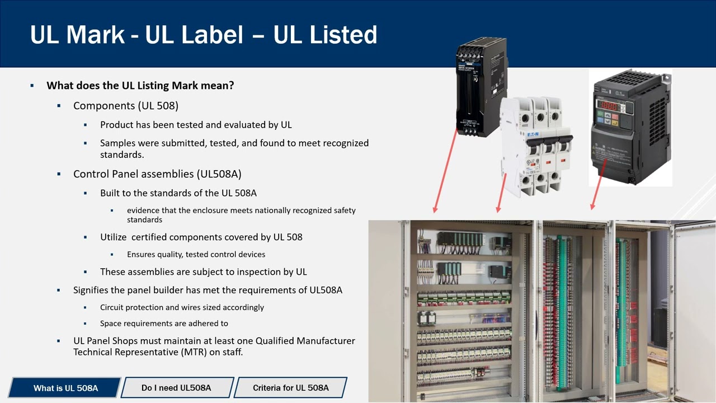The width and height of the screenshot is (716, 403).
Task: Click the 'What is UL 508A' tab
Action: [x=65, y=388]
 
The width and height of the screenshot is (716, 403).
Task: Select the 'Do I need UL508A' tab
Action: [x=177, y=388]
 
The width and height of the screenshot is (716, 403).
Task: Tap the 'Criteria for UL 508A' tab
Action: [x=290, y=388]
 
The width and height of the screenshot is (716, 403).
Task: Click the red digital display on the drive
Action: [x=607, y=105]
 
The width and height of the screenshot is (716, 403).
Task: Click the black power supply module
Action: [x=481, y=87]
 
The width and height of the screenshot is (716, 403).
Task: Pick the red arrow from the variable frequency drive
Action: [x=598, y=185]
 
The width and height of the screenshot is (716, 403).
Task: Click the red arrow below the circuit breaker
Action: [x=501, y=193]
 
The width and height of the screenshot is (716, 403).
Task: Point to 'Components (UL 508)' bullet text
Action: [x=126, y=106]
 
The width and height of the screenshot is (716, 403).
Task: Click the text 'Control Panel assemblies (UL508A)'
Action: [x=157, y=174]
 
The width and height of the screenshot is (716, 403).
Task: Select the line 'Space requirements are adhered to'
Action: [x=164, y=324]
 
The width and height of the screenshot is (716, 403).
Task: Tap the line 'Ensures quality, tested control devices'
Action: [x=196, y=254]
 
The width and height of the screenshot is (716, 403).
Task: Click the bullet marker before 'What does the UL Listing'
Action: [x=32, y=86]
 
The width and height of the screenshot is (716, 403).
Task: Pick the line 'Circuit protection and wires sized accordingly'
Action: [x=182, y=307]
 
